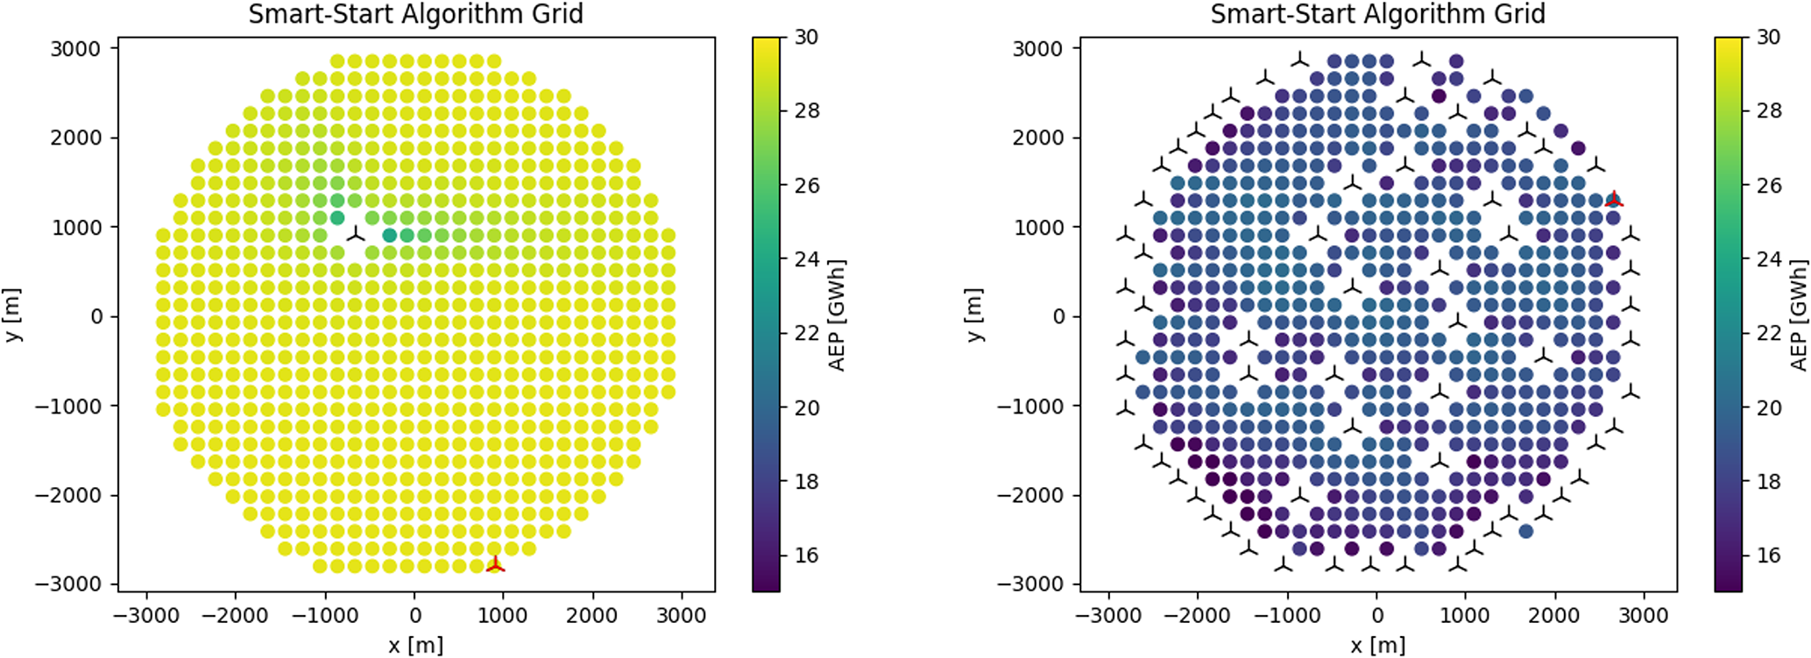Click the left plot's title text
[x=415, y=14]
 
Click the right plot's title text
[x=1377, y=14]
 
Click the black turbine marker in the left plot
[x=355, y=234]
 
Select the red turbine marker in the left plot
[x=495, y=565]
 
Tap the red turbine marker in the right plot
[x=1614, y=200]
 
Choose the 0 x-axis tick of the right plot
[x=1377, y=616]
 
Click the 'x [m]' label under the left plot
[x=415, y=646]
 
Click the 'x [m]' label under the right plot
[x=1377, y=646]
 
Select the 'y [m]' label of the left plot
[x=13, y=315]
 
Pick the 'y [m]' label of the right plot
[x=975, y=315]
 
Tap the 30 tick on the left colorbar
[x=806, y=37]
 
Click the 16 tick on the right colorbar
[x=1768, y=555]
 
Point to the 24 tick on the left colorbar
[x=806, y=259]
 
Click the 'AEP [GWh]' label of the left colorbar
[x=837, y=315]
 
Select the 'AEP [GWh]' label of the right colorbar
[x=1799, y=315]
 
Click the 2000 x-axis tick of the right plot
[x=1554, y=616]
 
